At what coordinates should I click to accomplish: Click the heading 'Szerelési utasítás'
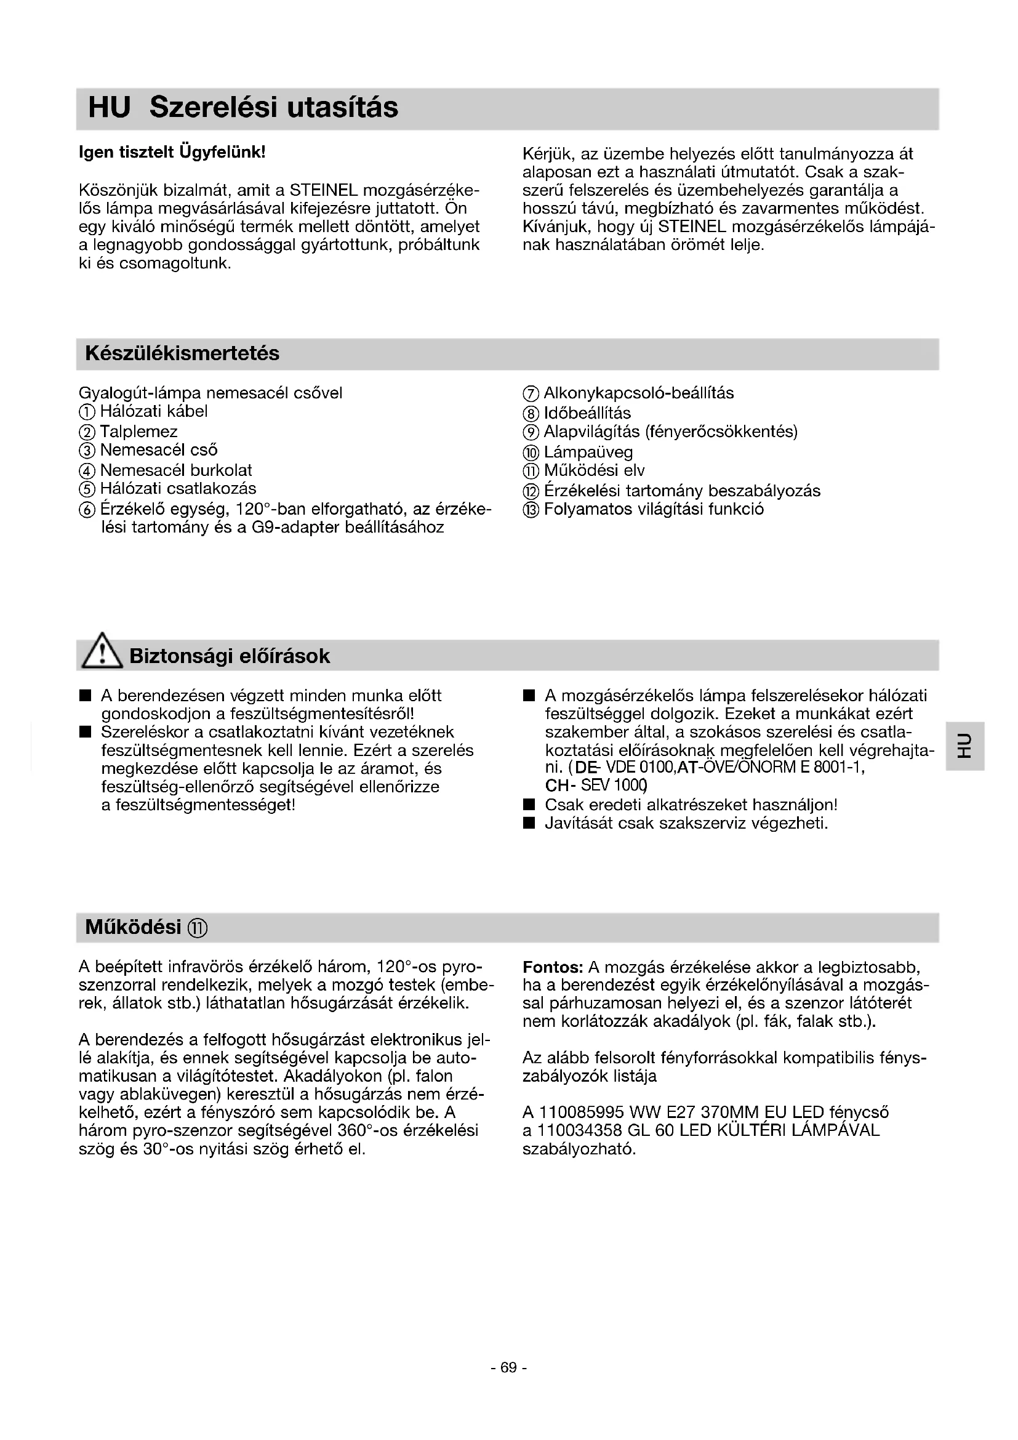[x=273, y=107]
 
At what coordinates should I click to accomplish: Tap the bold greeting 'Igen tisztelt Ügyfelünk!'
[x=172, y=153]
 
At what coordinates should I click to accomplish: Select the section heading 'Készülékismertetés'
[x=182, y=354]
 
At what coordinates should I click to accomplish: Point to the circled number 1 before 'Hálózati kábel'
[x=87, y=412]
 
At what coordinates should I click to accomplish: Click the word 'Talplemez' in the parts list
[x=138, y=432]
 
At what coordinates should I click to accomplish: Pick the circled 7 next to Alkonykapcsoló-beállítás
[x=531, y=394]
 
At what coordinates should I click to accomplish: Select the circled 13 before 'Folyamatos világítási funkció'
[x=531, y=510]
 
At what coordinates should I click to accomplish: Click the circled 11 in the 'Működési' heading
[x=197, y=928]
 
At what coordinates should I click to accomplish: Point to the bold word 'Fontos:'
[x=553, y=968]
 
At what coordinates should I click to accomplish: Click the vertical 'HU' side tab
[x=964, y=746]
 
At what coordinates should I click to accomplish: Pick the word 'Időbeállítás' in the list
[x=587, y=413]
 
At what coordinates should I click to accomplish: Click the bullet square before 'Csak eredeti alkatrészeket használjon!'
[x=530, y=805]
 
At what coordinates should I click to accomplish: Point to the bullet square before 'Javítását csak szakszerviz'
[x=530, y=824]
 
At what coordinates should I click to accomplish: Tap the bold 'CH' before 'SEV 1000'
[x=556, y=786]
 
